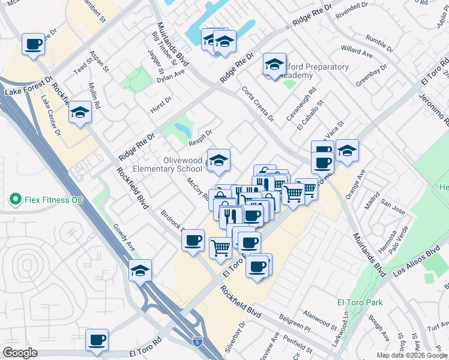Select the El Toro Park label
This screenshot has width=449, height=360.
pyautogui.click(x=356, y=302)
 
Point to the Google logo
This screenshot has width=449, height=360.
pyautogui.click(x=20, y=353)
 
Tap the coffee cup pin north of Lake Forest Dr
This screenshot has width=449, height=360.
pyautogui.click(x=34, y=44)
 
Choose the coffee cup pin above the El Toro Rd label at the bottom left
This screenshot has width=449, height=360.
pyautogui.click(x=97, y=340)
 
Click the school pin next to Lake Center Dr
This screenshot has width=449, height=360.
pyautogui.click(x=79, y=113)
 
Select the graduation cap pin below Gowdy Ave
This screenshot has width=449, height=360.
pyautogui.click(x=140, y=271)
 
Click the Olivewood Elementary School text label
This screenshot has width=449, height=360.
pyautogui.click(x=183, y=164)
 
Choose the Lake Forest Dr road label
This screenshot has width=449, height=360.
pyautogui.click(x=29, y=93)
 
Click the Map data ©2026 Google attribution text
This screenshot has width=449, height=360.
pyautogui.click(x=411, y=355)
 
